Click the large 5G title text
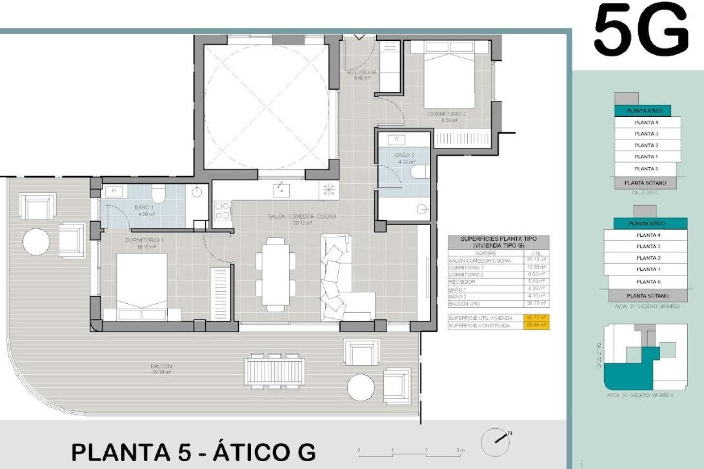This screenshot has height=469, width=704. click(x=641, y=32)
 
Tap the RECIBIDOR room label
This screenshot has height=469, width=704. click(x=362, y=72)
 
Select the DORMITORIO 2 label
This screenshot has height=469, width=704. click(x=447, y=114)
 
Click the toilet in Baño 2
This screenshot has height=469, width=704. click(x=420, y=171)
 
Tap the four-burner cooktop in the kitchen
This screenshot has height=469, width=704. click(x=223, y=211)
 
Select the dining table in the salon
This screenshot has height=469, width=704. click(x=275, y=274)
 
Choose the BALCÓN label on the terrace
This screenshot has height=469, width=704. click(x=161, y=366)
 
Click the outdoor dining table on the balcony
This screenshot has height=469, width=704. click(x=274, y=371)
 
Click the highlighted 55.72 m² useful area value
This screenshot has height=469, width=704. click(x=536, y=318)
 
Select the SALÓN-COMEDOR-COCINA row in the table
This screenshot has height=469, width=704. click(x=498, y=260)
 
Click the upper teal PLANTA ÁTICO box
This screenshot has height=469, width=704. click(x=644, y=111)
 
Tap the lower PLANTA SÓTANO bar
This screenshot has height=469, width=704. click(x=648, y=296)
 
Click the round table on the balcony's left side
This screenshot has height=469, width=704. click(x=36, y=241)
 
